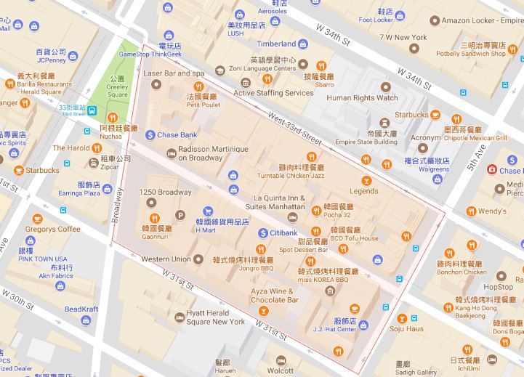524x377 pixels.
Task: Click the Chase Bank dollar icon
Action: [x=150, y=134]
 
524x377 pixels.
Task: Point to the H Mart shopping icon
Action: [x=207, y=209]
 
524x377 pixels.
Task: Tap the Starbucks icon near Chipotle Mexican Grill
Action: [x=435, y=115]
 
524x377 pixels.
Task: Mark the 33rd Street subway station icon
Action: [x=92, y=110]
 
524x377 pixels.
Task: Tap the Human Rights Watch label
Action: [x=362, y=98]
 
